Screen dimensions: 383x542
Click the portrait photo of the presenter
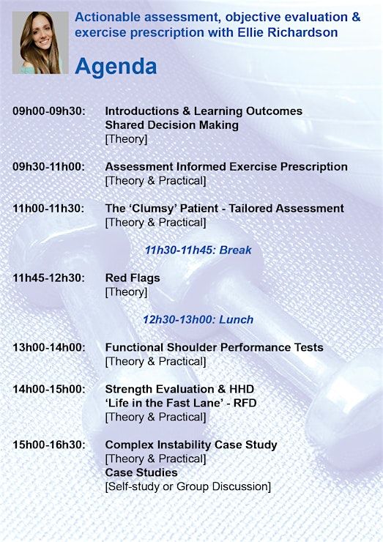click(x=40, y=42)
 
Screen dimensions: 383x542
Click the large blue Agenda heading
click(x=116, y=66)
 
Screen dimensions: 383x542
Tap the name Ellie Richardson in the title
click(x=288, y=32)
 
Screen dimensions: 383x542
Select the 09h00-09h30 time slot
click(x=49, y=111)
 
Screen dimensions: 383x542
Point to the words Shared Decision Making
click(x=172, y=125)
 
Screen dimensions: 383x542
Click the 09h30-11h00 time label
click(x=49, y=167)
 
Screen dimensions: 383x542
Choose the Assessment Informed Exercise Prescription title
click(x=226, y=167)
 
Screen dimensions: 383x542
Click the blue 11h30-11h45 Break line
click(x=198, y=250)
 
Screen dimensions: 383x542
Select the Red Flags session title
click(x=133, y=278)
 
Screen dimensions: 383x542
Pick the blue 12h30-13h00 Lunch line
click(x=198, y=319)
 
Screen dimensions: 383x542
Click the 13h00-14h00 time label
click(x=49, y=347)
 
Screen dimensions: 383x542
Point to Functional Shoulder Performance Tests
click(x=215, y=347)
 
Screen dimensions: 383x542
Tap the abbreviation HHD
click(x=242, y=389)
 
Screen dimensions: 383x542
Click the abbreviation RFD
click(x=245, y=403)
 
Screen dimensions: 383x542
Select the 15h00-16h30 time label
click(x=49, y=445)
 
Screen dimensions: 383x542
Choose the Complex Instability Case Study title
click(x=191, y=445)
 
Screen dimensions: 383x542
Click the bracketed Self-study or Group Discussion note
click(x=188, y=486)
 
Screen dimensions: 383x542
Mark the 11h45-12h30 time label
click(x=49, y=278)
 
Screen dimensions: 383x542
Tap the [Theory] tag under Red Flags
click(x=126, y=292)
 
